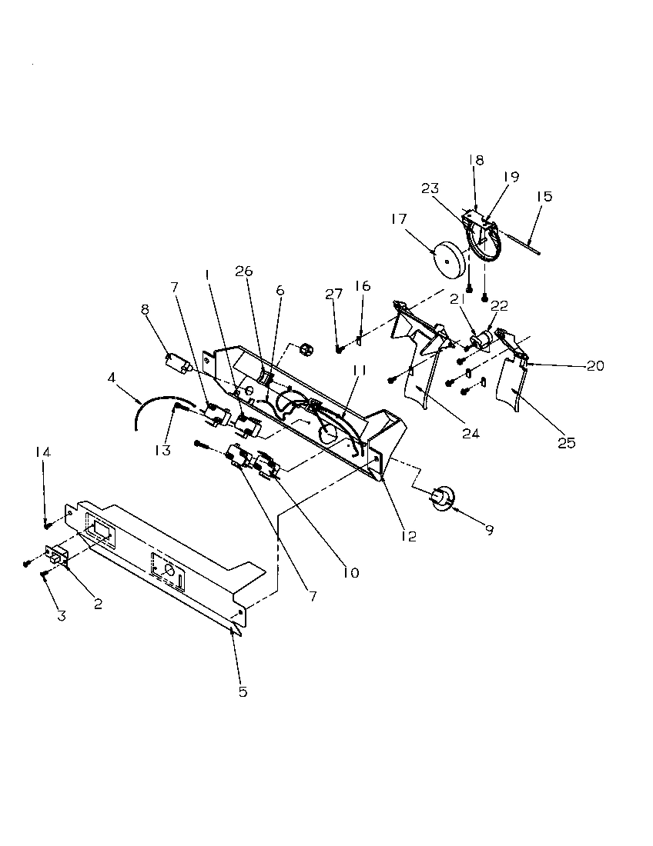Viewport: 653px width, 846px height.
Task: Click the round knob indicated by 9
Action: pos(442,498)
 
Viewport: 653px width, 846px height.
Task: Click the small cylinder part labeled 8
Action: pos(179,364)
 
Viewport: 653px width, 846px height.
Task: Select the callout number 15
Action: pos(544,197)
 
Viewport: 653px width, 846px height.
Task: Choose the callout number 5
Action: pos(243,691)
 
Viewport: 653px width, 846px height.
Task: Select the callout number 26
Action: pos(244,271)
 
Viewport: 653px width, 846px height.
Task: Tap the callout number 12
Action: pos(408,536)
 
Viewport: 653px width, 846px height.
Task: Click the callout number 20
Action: pos(594,366)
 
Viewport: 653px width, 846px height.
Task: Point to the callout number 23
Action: pos(430,188)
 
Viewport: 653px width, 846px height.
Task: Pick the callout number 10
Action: pos(351,572)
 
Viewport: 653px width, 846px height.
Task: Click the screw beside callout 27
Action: pos(339,350)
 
